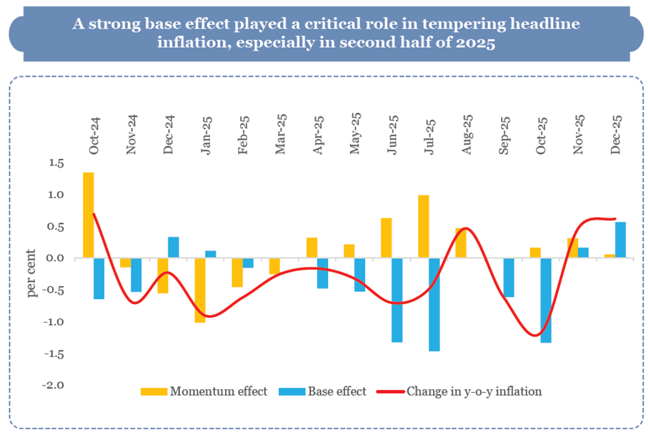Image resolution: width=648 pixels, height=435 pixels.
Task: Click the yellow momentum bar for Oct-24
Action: (x=89, y=215)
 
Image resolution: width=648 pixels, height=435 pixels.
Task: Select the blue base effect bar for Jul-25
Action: (x=434, y=304)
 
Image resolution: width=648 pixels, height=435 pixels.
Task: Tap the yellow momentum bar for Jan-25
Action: (x=200, y=290)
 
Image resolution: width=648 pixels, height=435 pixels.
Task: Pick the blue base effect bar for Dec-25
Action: (x=621, y=240)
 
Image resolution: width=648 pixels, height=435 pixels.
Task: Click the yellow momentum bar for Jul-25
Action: (x=424, y=226)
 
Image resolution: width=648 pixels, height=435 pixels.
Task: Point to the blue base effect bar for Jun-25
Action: (x=397, y=300)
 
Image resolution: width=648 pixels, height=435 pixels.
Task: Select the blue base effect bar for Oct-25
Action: (x=546, y=300)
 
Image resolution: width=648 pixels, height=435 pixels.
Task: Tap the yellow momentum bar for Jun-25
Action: (x=387, y=238)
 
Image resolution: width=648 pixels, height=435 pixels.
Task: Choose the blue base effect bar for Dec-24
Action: (x=174, y=248)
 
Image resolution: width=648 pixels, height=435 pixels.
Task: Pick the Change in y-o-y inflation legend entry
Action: (x=474, y=391)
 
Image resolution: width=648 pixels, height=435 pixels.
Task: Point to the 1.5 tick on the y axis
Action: (x=56, y=164)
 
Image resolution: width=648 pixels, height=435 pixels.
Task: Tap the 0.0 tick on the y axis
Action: (x=56, y=258)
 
